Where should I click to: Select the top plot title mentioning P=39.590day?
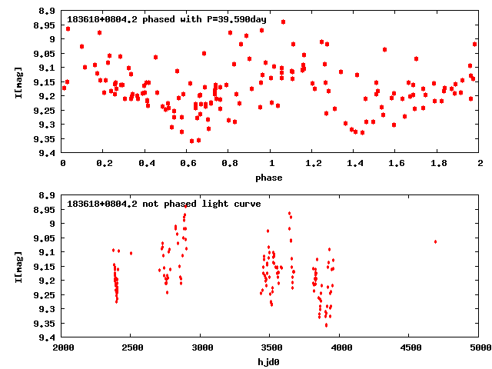tap(155, 18)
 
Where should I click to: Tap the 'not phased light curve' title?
tap(164, 203)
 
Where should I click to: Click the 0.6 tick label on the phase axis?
tap(187, 163)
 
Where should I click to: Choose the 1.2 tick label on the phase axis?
tap(313, 163)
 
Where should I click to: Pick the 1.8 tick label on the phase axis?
tap(438, 163)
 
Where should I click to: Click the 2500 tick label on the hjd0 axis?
tap(131, 347)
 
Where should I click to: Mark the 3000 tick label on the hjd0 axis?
tap(201, 347)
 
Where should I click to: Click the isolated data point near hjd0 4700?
tap(435, 241)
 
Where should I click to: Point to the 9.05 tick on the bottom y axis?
tap(45, 238)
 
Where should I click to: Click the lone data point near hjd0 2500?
tap(131, 253)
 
